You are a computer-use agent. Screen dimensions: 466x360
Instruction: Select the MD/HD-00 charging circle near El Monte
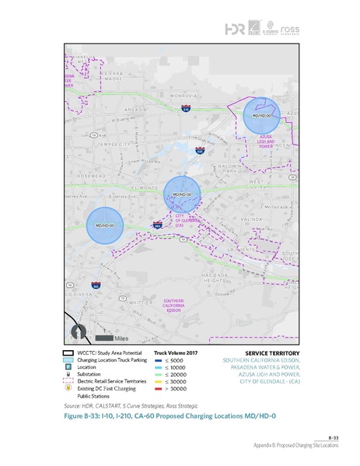pos(181,194)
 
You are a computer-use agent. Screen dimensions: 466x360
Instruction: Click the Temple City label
pos(110,144)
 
